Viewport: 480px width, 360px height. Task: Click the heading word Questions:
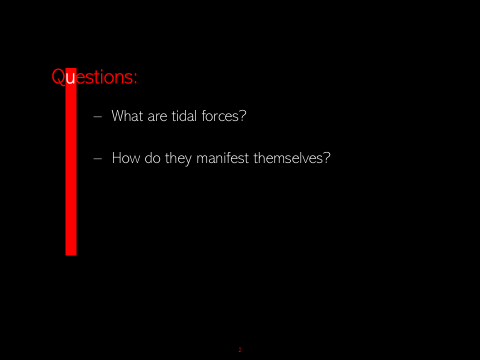[x=94, y=76]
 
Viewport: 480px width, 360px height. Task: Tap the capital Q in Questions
[x=58, y=76]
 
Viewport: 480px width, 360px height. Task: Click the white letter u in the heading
[x=70, y=78]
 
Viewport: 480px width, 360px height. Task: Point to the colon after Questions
[x=135, y=78]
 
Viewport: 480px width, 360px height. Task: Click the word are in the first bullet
[x=157, y=117]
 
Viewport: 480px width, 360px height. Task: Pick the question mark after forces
[x=242, y=116]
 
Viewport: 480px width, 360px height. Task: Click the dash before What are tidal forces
[x=97, y=116]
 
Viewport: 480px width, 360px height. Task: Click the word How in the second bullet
[x=126, y=158]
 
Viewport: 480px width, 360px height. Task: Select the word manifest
[x=222, y=158]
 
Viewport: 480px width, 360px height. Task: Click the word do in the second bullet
[x=152, y=158]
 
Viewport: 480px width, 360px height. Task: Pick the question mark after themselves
[x=327, y=158]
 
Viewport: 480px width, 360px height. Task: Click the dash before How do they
[x=97, y=158]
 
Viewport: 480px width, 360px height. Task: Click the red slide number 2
[x=240, y=349]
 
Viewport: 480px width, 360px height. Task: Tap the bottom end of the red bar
[x=71, y=255]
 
